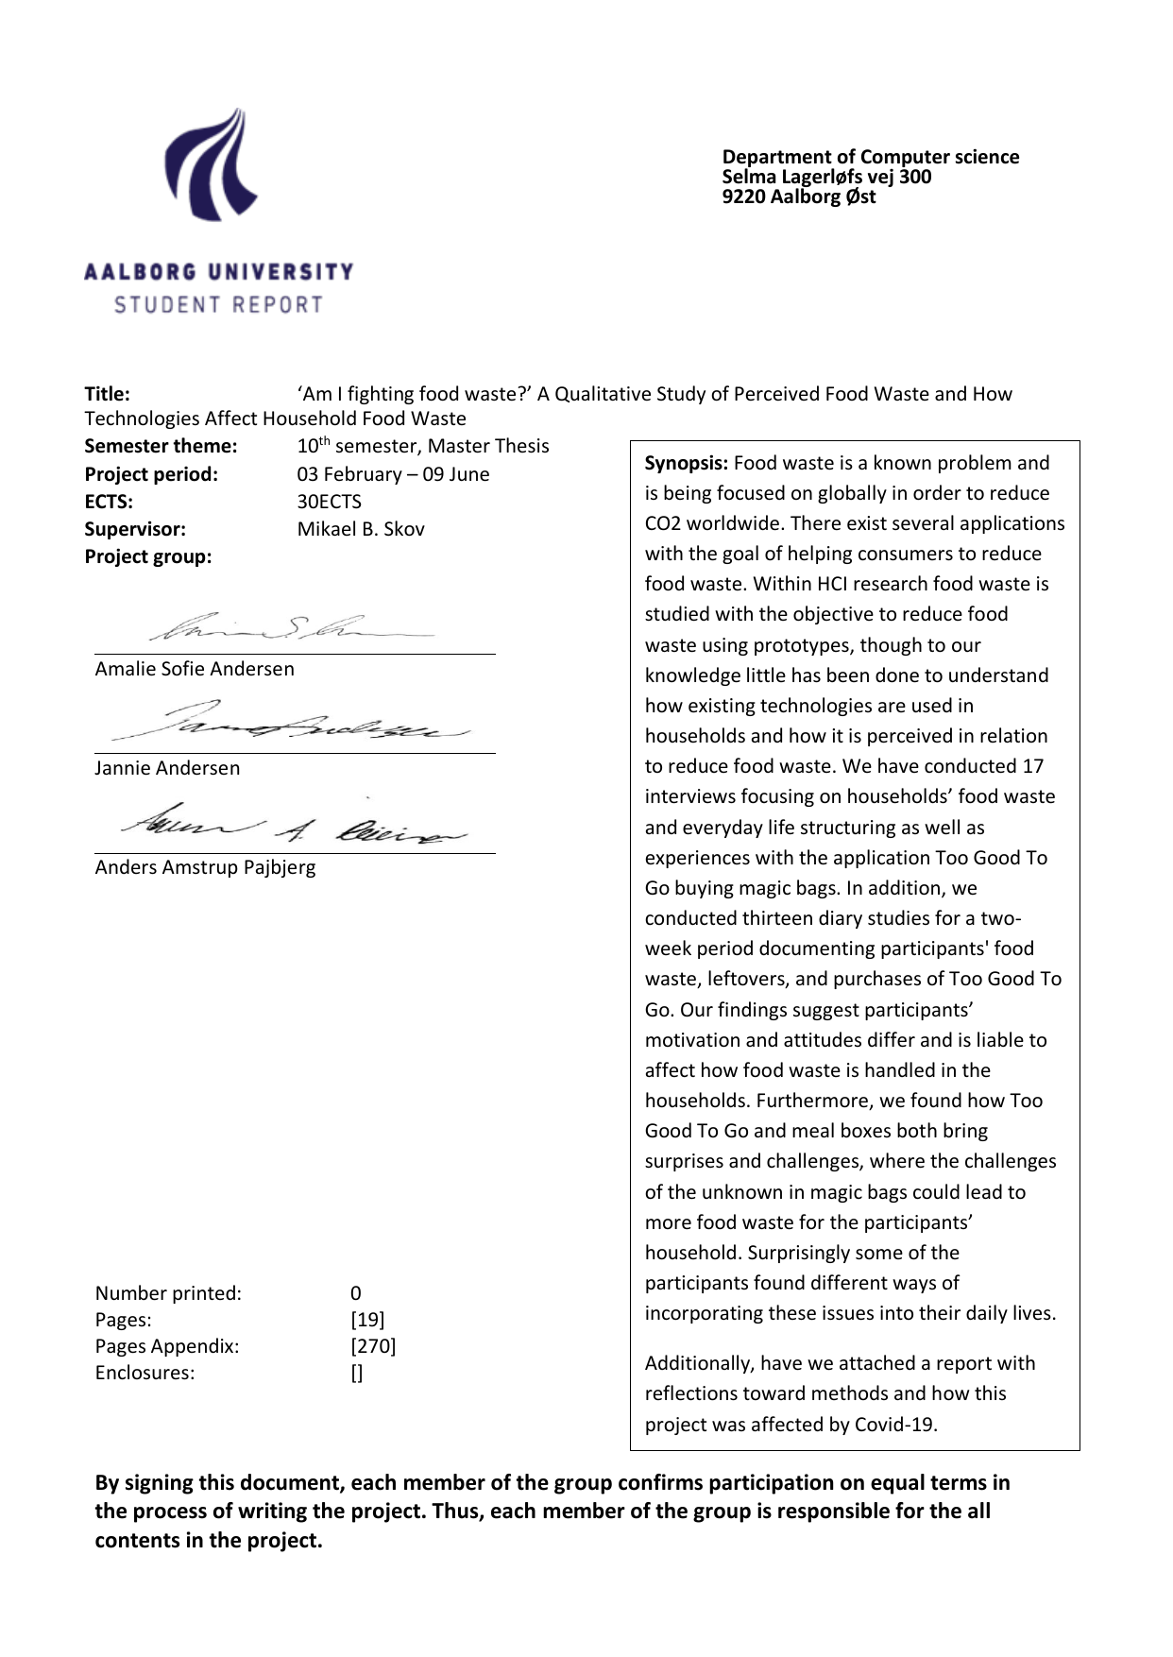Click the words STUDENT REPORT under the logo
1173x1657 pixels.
[218, 305]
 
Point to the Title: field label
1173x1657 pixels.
[108, 394]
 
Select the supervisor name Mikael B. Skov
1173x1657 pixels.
[361, 529]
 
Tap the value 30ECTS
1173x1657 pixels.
[329, 502]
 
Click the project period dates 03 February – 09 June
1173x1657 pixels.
[393, 474]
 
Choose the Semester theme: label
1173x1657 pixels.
[161, 446]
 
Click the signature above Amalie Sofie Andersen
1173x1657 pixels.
[293, 626]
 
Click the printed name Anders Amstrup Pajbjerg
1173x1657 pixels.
[205, 867]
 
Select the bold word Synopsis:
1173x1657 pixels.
[686, 463]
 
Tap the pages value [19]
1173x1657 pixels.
[367, 1320]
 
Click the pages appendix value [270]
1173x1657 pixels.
[373, 1346]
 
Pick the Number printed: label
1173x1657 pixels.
[168, 1293]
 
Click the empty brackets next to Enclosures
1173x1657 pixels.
[357, 1374]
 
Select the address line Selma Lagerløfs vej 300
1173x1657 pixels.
[826, 177]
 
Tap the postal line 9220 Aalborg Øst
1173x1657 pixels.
[799, 196]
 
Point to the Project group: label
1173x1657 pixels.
[148, 556]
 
